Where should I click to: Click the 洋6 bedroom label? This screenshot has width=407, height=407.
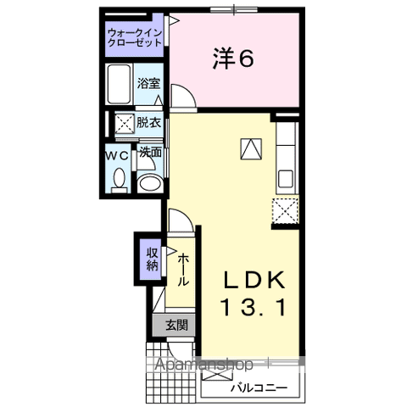click(233, 59)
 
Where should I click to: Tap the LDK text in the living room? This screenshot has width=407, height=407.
click(254, 280)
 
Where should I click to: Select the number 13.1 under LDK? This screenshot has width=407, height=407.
click(254, 308)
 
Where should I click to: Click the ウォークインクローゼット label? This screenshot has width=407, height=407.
click(135, 37)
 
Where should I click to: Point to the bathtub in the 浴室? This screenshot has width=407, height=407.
click(120, 84)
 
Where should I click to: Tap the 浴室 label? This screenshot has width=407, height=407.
click(149, 84)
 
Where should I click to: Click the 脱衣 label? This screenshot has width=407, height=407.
click(148, 123)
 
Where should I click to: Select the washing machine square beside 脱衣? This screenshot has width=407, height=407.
click(125, 124)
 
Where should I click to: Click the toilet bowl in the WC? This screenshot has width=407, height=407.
click(119, 178)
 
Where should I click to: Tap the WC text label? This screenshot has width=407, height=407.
click(117, 156)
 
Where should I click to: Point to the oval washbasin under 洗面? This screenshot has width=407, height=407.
click(150, 184)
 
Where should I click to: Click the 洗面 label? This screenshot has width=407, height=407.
click(151, 153)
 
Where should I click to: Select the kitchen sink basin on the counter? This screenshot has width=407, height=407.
click(286, 179)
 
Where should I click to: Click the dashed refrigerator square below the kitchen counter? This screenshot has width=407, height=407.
click(285, 211)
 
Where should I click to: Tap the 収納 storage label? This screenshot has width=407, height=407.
click(152, 259)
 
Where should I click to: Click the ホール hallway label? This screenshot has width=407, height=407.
click(183, 270)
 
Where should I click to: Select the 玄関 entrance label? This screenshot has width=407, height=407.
click(176, 325)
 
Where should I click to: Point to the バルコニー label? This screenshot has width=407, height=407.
click(259, 387)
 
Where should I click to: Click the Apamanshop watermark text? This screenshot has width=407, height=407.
click(203, 365)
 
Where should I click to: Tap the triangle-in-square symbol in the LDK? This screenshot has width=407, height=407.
click(251, 149)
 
